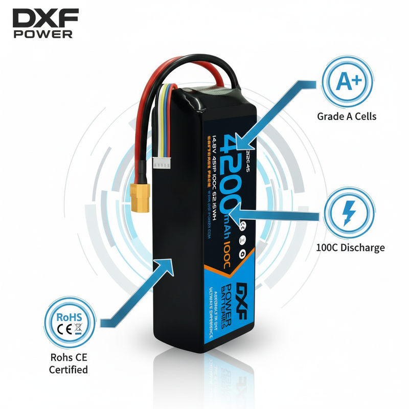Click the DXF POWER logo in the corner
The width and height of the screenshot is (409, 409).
pyautogui.click(x=45, y=24)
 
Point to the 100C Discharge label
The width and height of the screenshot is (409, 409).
pyautogui.click(x=350, y=248)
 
